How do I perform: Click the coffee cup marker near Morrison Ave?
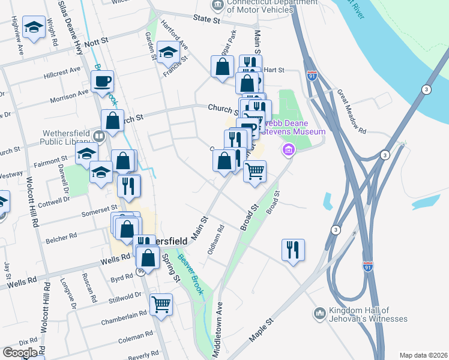pos(103,80)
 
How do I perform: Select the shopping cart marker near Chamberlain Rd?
pos(161,304)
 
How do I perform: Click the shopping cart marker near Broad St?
pos(255,172)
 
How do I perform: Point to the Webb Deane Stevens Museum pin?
pos(289,149)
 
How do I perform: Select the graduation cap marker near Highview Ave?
pos(34,28)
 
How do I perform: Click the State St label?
pos(206,20)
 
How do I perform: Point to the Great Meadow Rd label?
pos(351,110)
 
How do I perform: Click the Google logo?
pos(20,352)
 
